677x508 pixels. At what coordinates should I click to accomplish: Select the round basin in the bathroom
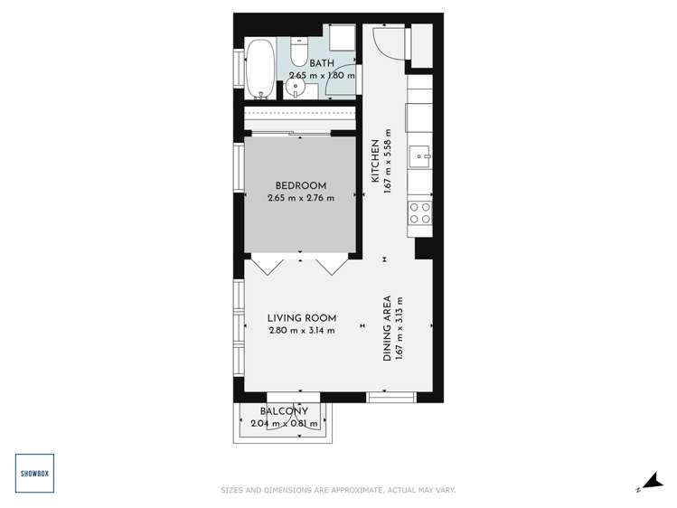pyautogui.click(x=295, y=89)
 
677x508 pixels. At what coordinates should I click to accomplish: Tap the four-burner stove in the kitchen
pyautogui.click(x=420, y=212)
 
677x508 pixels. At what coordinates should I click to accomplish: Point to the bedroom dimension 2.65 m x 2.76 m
pyautogui.click(x=300, y=199)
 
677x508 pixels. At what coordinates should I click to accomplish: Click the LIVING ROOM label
pyautogui.click(x=302, y=318)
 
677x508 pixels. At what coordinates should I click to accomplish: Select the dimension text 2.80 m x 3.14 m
pyautogui.click(x=302, y=331)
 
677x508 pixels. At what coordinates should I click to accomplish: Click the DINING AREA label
pyautogui.click(x=386, y=328)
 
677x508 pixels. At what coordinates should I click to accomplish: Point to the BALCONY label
pyautogui.click(x=284, y=411)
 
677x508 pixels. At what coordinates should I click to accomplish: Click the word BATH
pyautogui.click(x=322, y=63)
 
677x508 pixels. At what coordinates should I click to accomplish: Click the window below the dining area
pyautogui.click(x=391, y=396)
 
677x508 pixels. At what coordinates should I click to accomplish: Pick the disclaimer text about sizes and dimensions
pyautogui.click(x=338, y=491)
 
